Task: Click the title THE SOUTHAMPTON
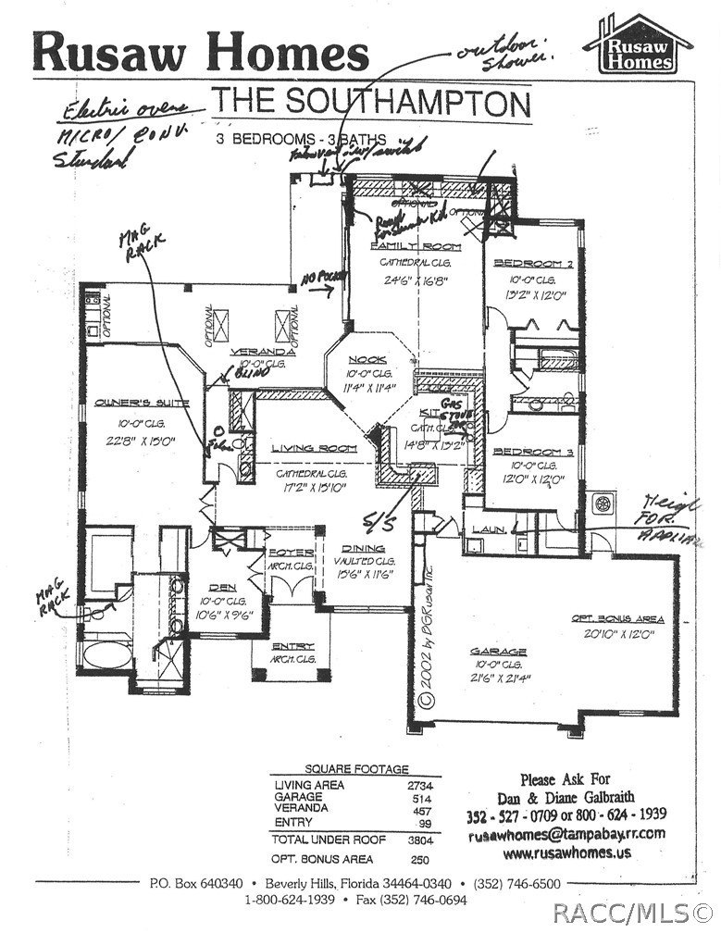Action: (x=371, y=100)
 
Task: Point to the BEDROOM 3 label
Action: (x=523, y=451)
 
